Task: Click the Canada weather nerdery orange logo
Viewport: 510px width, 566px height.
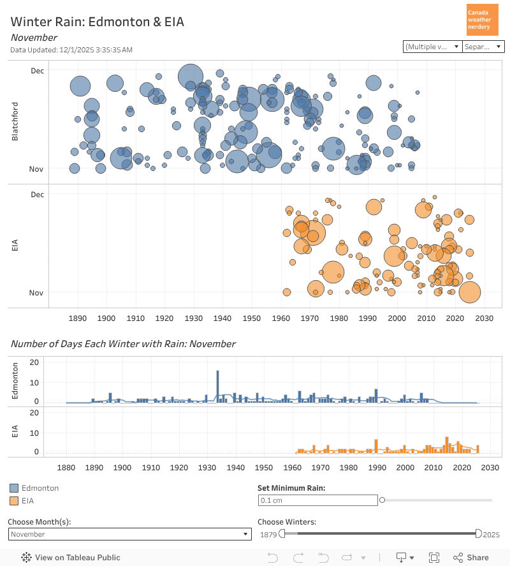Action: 483,20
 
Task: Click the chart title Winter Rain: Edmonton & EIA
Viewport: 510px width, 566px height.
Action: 97,22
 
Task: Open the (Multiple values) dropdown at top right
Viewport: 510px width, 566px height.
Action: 432,47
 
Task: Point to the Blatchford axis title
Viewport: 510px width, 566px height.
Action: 15,121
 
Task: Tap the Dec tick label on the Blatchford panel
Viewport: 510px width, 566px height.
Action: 38,70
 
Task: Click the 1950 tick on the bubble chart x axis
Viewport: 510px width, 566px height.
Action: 251,318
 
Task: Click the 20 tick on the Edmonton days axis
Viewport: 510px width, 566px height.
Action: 36,362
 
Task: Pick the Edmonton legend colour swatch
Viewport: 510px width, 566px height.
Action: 13,488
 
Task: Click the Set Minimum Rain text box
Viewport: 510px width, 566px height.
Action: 317,500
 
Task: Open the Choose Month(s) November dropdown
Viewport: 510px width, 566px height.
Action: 129,534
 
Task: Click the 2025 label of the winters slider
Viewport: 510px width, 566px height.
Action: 491,534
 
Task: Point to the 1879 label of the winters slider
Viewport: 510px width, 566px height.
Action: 268,534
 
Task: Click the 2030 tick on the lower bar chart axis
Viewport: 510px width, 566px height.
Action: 489,468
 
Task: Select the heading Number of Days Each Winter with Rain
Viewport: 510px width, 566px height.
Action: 123,344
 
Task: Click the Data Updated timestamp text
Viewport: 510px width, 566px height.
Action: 71,50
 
